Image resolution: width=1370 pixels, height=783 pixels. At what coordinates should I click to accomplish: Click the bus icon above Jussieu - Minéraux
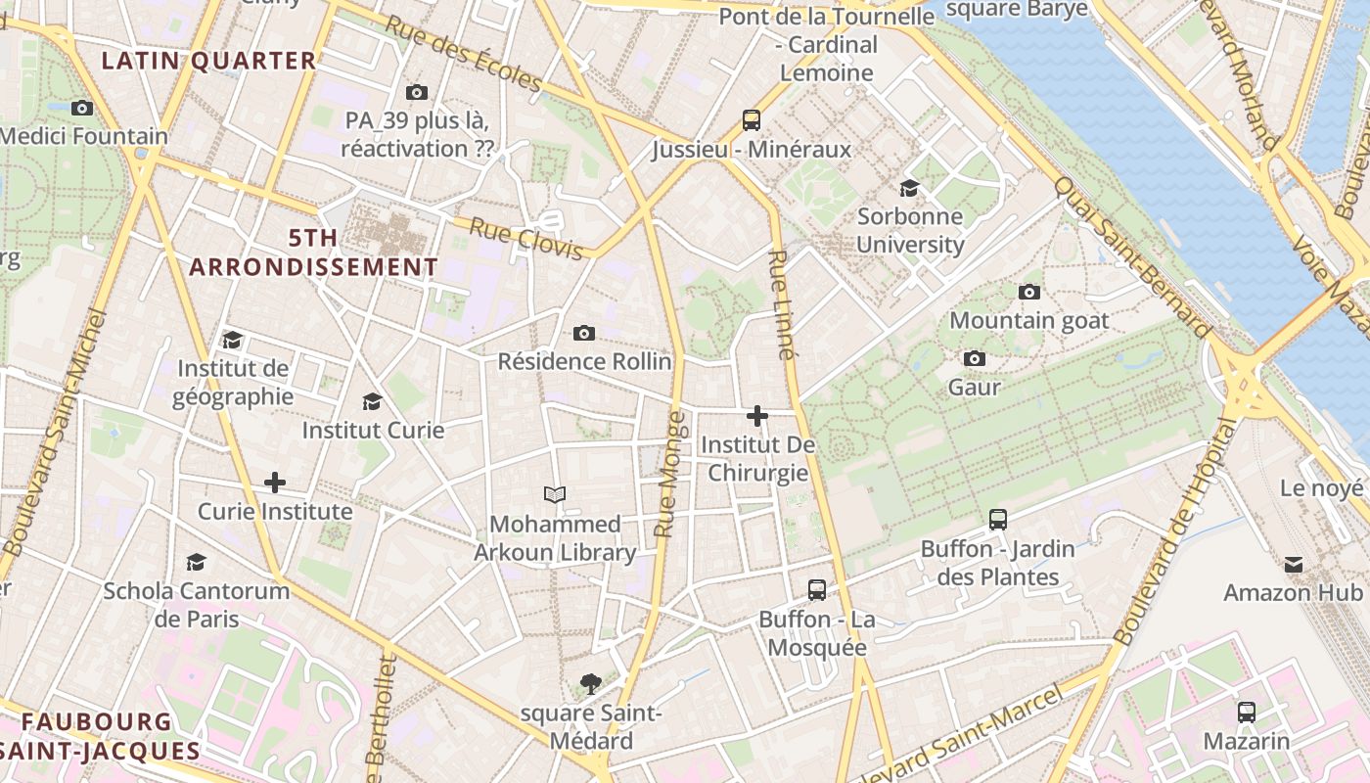click(752, 120)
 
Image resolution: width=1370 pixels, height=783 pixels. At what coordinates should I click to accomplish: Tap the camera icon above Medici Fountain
click(82, 108)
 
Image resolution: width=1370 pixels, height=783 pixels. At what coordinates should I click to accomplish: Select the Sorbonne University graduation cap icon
click(909, 188)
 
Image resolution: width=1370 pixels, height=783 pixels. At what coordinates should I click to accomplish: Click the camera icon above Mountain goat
click(1028, 292)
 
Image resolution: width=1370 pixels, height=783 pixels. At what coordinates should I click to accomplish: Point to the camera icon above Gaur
click(974, 359)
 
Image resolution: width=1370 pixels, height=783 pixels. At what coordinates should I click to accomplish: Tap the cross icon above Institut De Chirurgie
click(756, 416)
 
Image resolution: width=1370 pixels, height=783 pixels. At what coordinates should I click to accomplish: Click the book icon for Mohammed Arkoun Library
click(555, 494)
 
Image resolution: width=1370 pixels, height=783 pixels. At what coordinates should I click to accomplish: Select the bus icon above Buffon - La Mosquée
click(817, 590)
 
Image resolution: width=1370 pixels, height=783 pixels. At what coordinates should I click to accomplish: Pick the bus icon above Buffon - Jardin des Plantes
click(998, 520)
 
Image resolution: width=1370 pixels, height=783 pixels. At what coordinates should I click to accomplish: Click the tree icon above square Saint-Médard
click(590, 684)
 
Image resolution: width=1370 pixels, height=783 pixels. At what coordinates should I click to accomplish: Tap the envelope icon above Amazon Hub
click(1294, 564)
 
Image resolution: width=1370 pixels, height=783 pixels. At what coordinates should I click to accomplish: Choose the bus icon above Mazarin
click(1247, 712)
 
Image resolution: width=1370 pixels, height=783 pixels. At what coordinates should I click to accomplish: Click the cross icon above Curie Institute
click(275, 483)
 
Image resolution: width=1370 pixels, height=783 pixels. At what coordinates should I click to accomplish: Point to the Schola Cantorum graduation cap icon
click(197, 562)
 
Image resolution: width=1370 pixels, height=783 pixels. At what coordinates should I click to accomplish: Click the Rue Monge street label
click(670, 475)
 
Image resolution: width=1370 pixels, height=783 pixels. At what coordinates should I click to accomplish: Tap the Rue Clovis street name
click(526, 240)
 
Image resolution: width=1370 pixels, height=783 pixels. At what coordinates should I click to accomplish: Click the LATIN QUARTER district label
click(209, 61)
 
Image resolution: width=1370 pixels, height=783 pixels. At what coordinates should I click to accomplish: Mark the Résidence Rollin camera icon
click(584, 334)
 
